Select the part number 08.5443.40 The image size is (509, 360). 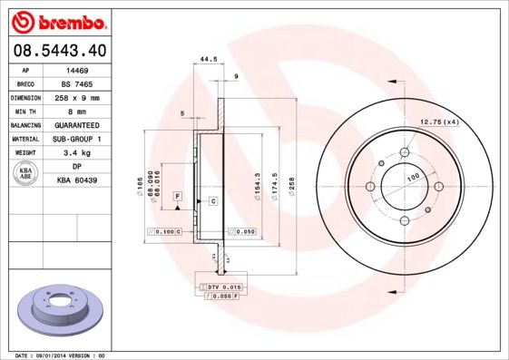59,51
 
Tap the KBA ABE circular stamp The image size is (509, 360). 26,174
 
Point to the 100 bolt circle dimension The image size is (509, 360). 413,176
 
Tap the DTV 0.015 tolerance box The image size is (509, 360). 220,287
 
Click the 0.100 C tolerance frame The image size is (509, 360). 165,232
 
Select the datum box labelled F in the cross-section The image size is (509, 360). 178,196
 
